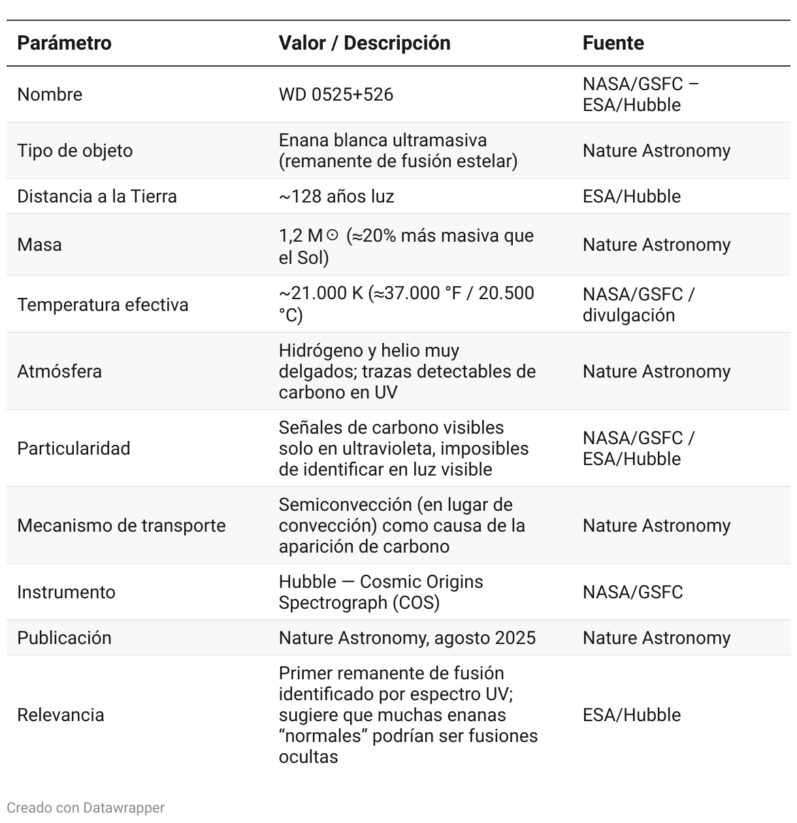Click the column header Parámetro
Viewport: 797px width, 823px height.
point(64,43)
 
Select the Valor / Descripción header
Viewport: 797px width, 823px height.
point(364,43)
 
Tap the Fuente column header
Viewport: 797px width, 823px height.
point(613,43)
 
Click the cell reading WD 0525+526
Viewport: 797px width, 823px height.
point(336,95)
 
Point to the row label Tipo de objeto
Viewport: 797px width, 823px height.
point(74,151)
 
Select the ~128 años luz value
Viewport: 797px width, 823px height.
point(336,197)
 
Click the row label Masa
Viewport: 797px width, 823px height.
point(39,245)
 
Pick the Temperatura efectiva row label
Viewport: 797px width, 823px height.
point(103,305)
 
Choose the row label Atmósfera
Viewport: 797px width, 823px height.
point(59,372)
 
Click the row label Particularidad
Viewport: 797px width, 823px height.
point(73,449)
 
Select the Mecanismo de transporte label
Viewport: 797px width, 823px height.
point(121,526)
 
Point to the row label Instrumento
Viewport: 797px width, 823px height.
point(66,592)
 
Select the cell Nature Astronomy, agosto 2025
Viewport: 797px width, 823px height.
point(407,638)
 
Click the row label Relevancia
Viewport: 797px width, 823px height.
point(60,715)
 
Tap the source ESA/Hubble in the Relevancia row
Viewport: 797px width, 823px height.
point(631,715)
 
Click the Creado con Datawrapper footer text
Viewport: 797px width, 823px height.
point(86,808)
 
